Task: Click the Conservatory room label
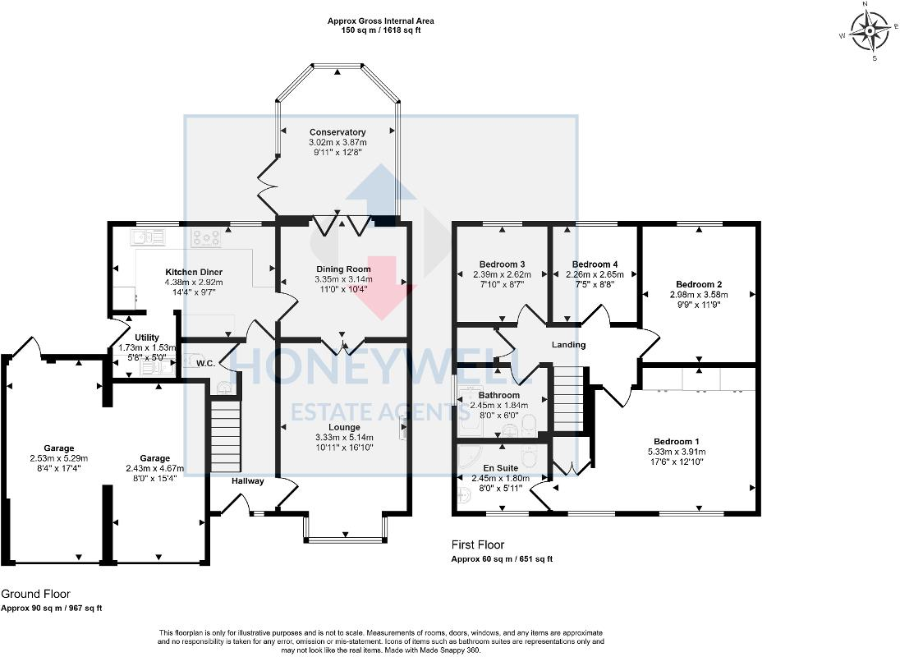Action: click(x=337, y=132)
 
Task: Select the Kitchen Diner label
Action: click(x=194, y=272)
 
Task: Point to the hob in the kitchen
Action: click(x=206, y=238)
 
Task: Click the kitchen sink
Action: click(x=148, y=237)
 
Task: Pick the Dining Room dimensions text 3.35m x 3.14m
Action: click(x=343, y=279)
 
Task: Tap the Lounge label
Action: click(x=344, y=427)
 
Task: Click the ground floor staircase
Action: click(x=225, y=436)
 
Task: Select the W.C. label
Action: click(x=205, y=363)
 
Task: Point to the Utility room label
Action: click(x=147, y=338)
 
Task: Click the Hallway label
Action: click(x=248, y=481)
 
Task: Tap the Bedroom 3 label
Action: click(x=503, y=264)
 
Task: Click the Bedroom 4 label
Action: click(x=595, y=264)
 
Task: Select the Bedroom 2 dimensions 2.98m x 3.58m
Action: click(x=699, y=294)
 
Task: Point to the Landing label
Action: click(x=568, y=344)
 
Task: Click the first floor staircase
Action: click(x=567, y=398)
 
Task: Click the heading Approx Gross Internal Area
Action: click(x=380, y=21)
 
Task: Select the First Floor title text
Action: click(x=478, y=544)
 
